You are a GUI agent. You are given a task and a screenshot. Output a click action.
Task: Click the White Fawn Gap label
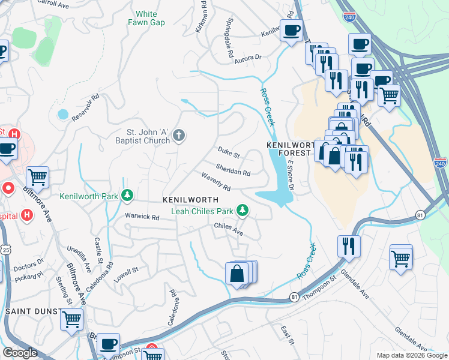[x=146, y=18]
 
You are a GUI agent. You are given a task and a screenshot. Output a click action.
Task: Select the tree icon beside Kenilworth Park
[x=127, y=196]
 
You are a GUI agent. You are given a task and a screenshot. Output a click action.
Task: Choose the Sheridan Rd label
[x=233, y=170]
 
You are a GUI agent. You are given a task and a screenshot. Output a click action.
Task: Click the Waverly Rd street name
[x=216, y=182]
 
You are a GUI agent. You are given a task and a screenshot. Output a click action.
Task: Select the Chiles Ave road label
[x=228, y=229]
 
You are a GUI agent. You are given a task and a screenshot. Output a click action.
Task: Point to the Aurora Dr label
[x=249, y=58]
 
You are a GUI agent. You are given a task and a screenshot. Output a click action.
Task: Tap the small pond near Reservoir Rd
[x=62, y=113]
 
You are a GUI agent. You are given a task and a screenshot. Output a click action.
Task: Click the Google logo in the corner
[x=20, y=353]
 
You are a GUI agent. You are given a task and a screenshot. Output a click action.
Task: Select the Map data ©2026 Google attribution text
[x=412, y=355]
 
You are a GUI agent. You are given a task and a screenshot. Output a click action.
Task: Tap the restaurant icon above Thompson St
[x=348, y=245]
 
